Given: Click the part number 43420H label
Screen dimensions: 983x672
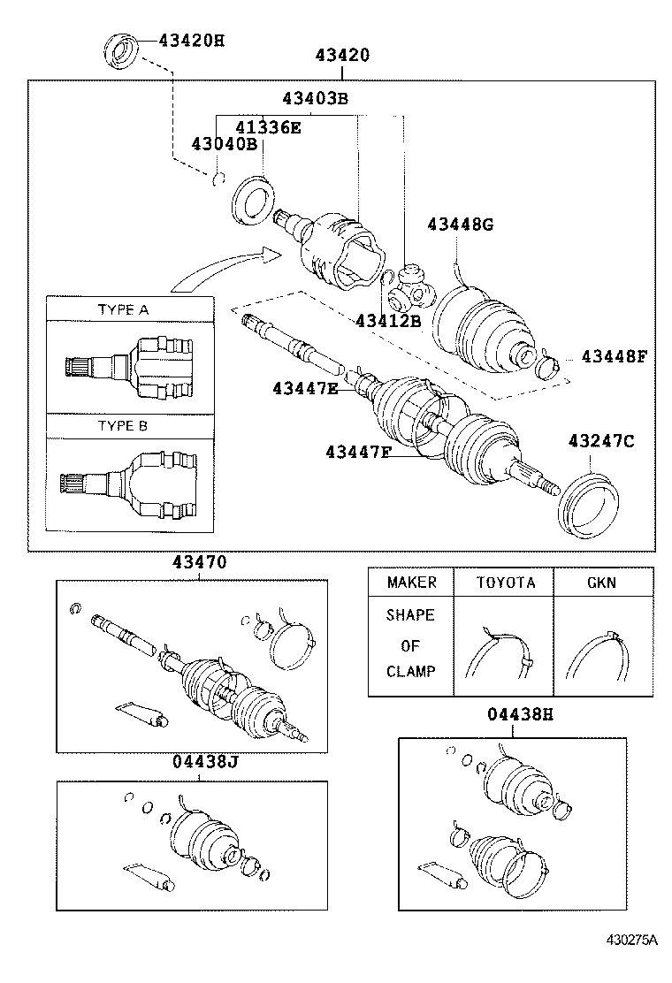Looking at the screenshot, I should coord(192,40).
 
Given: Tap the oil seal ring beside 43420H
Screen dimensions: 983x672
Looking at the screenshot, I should coord(123,50).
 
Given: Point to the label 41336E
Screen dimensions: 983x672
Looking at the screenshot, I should coord(268,127).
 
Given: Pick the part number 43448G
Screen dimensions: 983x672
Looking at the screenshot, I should coord(460,225).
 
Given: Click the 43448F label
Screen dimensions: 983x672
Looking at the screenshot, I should coord(614,356).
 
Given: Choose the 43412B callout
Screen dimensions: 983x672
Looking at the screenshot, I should coord(388,320).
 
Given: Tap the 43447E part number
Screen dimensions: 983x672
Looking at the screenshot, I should coord(305,388).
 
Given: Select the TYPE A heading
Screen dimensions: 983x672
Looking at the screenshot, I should coord(123,309).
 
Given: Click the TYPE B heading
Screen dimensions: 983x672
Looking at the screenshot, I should coord(123,425).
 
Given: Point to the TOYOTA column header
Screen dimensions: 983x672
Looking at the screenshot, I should coord(506,583).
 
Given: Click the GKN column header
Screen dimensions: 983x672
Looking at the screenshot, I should coord(601,583).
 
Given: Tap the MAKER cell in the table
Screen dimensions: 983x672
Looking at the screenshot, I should coord(411,583).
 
